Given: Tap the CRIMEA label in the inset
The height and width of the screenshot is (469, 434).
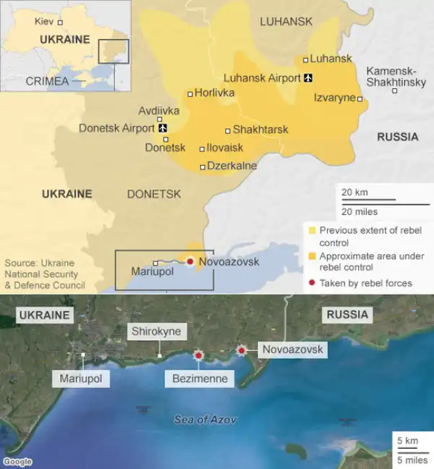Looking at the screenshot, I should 47,81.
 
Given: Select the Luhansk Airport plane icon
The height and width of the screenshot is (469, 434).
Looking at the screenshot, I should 309,77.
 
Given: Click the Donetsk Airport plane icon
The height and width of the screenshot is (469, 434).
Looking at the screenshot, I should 162,129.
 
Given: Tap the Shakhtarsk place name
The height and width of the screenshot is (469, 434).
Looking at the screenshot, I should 260,130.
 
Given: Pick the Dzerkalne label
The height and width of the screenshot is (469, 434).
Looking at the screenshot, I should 231,166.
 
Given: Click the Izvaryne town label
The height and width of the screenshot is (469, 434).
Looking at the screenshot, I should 334,97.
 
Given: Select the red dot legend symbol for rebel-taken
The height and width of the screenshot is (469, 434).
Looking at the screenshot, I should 312,283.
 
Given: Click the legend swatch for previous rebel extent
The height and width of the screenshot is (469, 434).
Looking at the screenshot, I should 312,231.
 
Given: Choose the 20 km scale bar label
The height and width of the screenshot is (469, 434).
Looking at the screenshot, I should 354,193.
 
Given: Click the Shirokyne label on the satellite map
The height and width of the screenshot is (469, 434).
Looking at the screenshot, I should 158,332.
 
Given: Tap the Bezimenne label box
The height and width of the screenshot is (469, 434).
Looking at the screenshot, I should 200,379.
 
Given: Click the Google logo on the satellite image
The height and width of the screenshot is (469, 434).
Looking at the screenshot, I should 17,462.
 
